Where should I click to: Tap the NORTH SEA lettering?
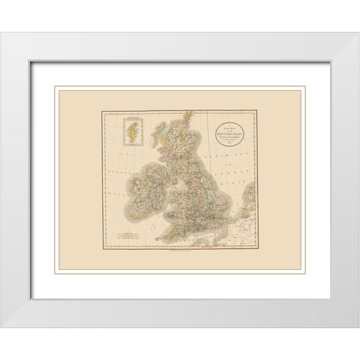pos(225,161)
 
